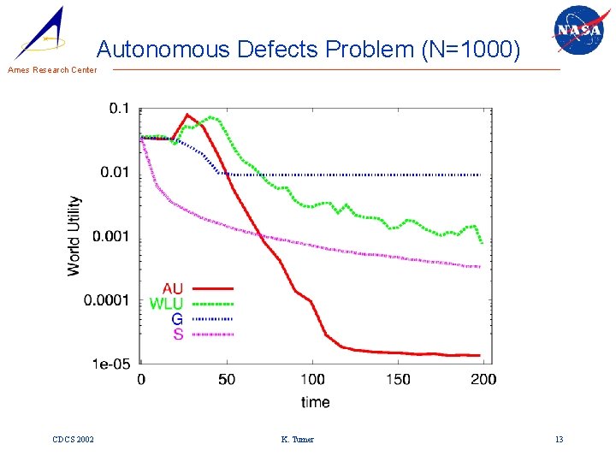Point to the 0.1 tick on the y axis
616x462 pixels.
pyautogui.click(x=119, y=109)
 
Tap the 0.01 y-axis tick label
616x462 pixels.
pyautogui.click(x=115, y=173)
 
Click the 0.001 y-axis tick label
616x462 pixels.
pyautogui.click(x=112, y=237)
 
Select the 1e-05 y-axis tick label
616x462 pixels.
pyautogui.click(x=112, y=364)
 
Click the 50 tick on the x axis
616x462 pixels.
pyautogui.click(x=226, y=379)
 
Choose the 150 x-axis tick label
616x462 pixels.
pyautogui.click(x=398, y=379)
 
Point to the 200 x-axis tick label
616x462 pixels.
pyautogui.click(x=483, y=379)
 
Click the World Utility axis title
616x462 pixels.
pyautogui.click(x=74, y=236)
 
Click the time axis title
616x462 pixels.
pyautogui.click(x=315, y=401)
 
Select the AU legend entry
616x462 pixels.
pyautogui.click(x=172, y=289)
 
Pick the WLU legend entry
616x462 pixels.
pyautogui.click(x=166, y=304)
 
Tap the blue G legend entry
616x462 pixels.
pyautogui.click(x=177, y=319)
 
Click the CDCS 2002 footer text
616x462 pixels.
pyautogui.click(x=73, y=440)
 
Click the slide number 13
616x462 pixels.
pyautogui.click(x=559, y=440)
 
